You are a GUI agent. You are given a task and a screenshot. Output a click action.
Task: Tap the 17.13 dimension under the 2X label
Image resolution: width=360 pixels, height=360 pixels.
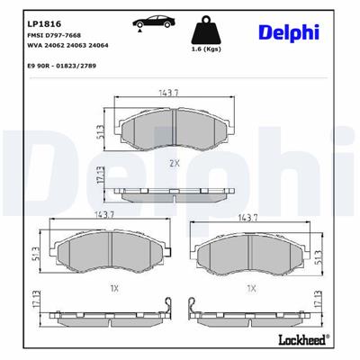pyautogui.click(x=100, y=183)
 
